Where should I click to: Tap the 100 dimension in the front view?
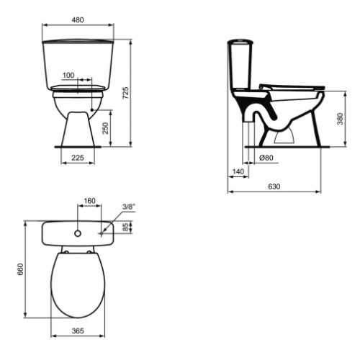point(68,75)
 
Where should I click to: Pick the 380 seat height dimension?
point(340,119)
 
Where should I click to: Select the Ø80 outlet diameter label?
point(265,158)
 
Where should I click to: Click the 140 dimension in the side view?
point(238,171)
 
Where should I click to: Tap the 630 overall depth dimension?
point(274,186)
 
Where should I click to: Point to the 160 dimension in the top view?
point(90,201)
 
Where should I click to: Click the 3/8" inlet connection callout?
point(129,206)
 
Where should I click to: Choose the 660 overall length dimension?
point(21,269)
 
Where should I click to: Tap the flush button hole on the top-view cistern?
point(76,234)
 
